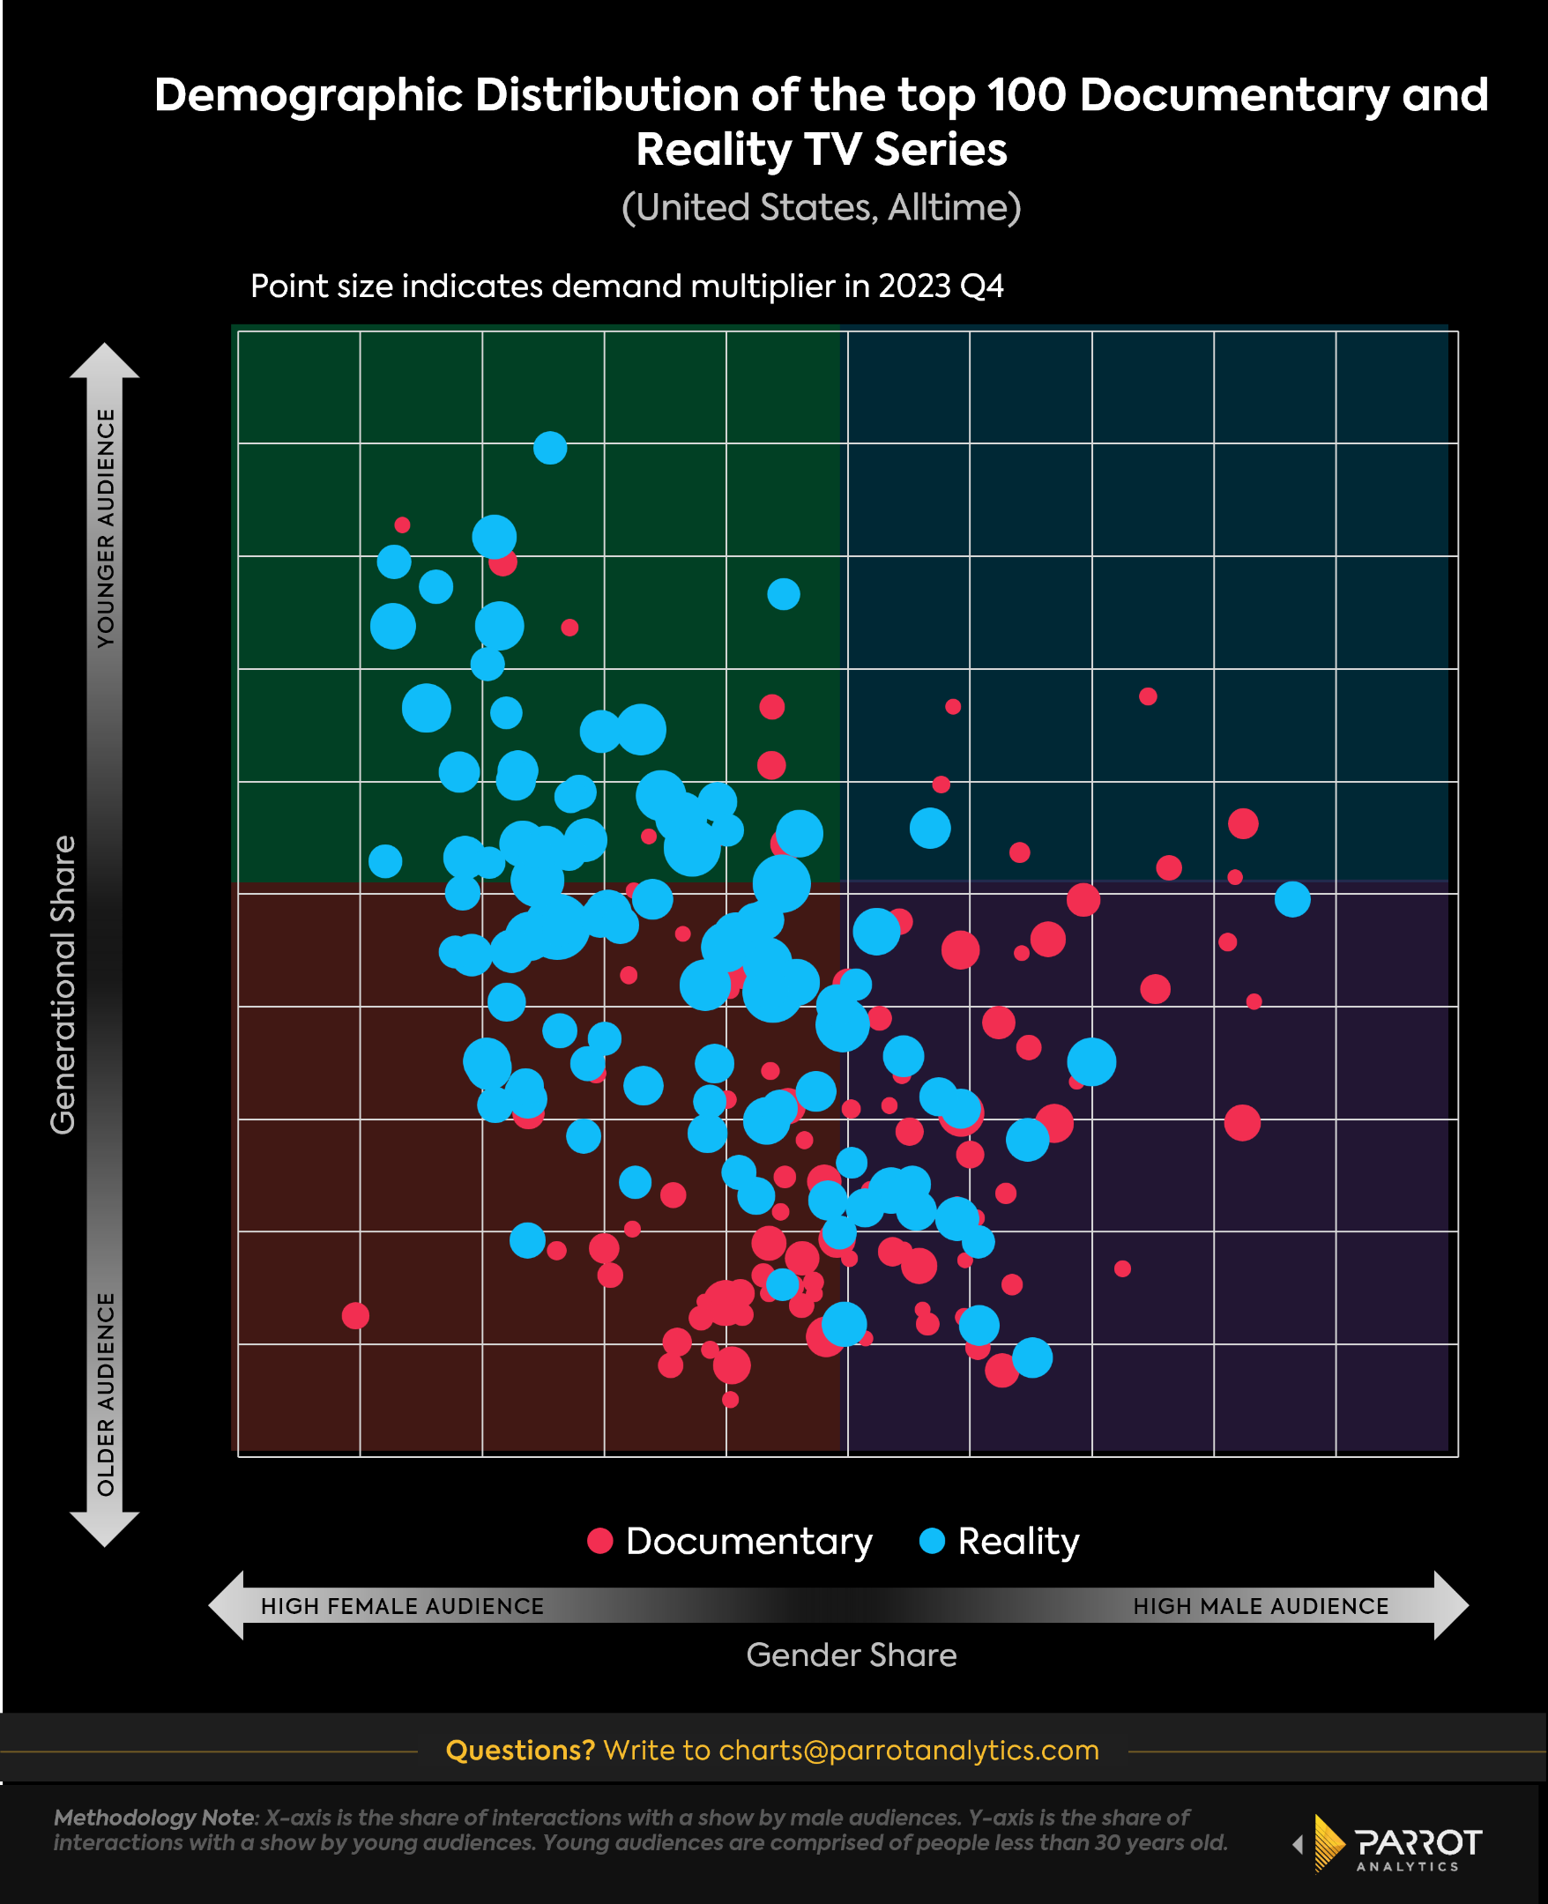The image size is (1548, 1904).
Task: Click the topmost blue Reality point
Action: [550, 448]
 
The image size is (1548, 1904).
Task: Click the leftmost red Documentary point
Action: [355, 1316]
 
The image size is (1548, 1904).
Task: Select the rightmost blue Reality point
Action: [1292, 899]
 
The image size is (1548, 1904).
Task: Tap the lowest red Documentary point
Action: [730, 1400]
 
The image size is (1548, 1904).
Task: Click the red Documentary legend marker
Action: [600, 1541]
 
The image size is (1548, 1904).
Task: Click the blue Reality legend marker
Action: [932, 1541]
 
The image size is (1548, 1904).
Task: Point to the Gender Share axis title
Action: [851, 1655]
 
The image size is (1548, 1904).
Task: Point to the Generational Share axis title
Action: [63, 985]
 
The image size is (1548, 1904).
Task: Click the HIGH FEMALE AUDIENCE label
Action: [402, 1606]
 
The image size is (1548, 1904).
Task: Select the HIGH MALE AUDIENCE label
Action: [1260, 1606]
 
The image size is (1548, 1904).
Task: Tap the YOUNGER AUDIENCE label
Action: [106, 528]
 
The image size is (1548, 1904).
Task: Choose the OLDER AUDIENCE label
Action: [106, 1395]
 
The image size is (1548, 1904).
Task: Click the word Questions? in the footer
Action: [520, 1750]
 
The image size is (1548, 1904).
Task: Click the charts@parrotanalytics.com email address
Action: [908, 1750]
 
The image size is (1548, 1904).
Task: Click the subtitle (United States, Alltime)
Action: [821, 208]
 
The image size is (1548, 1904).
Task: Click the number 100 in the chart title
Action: [1027, 94]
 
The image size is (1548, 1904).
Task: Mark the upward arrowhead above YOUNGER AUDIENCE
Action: [105, 361]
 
